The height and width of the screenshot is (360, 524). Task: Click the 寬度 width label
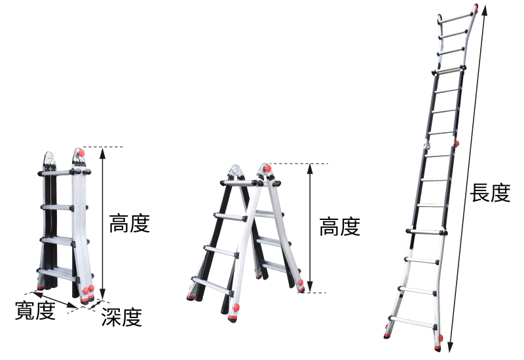tap(35, 310)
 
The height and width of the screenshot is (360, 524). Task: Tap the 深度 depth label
tap(122, 317)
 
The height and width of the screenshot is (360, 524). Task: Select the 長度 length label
tap(490, 192)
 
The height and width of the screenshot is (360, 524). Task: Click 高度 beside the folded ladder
tap(129, 223)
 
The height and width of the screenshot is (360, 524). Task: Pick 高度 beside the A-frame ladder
tap(339, 226)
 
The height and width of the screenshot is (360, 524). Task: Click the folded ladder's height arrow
tap(103, 223)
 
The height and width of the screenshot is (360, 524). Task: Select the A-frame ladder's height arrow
tap(310, 228)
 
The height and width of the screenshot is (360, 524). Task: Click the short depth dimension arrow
tap(96, 304)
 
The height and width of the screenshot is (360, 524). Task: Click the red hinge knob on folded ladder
tap(81, 153)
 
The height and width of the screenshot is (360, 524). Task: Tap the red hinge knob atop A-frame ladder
tap(267, 168)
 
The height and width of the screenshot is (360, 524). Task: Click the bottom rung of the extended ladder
tap(413, 322)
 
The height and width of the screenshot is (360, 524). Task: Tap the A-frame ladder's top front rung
tap(242, 183)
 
